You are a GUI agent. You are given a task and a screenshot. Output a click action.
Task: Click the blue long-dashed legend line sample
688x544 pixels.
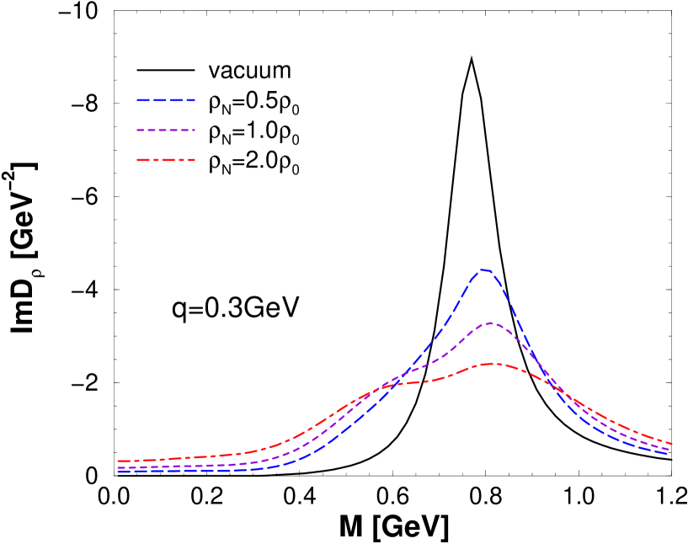point(166,100)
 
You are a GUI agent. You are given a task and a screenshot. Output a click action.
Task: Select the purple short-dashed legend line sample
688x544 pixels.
point(166,131)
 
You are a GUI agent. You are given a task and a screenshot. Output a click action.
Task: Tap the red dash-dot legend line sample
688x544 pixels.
point(166,160)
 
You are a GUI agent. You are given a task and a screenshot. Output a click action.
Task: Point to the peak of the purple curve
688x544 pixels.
point(489,323)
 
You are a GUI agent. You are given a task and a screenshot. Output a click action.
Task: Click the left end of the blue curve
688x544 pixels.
point(119,472)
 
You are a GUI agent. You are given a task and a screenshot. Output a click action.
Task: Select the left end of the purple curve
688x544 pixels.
point(119,467)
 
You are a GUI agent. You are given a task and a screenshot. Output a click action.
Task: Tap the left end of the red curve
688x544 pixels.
point(119,461)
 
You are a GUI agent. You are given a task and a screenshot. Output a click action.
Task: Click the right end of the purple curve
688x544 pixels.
point(669,449)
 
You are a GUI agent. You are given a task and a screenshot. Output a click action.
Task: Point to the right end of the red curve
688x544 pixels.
point(671,443)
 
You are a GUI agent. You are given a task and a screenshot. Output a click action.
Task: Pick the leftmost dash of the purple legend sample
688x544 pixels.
point(140,131)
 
